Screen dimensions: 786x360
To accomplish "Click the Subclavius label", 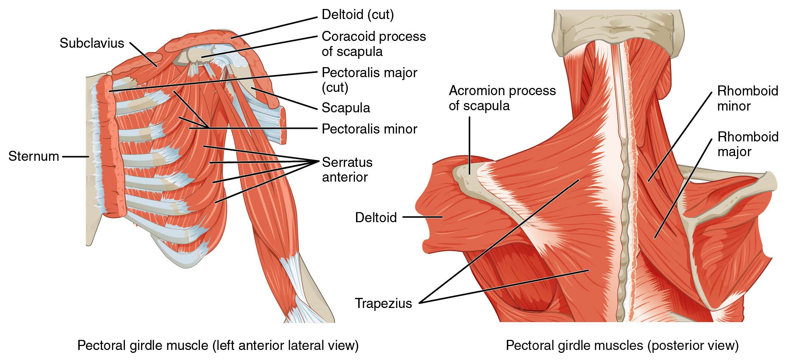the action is click(x=92, y=43).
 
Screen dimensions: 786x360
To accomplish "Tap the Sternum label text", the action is click(x=34, y=156).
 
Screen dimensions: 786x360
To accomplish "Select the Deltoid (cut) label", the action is click(x=358, y=15).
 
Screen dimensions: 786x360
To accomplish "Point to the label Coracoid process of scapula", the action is click(x=374, y=44).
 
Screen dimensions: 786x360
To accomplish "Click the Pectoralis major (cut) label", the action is click(x=369, y=80).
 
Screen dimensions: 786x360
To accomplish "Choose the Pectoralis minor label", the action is click(x=369, y=129).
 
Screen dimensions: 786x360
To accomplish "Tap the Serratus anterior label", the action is click(x=347, y=170).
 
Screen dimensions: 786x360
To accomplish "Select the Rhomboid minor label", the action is click(x=748, y=98).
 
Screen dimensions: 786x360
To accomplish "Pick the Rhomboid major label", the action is click(x=748, y=144).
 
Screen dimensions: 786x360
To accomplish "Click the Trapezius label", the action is click(x=383, y=303).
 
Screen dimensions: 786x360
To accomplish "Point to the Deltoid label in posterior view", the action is click(x=376, y=217).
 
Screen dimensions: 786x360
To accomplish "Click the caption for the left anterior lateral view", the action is click(x=218, y=346).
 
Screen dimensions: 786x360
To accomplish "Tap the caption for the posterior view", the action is click(x=622, y=346).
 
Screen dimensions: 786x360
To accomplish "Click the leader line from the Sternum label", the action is click(x=75, y=156).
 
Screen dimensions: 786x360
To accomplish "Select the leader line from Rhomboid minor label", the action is click(x=680, y=136).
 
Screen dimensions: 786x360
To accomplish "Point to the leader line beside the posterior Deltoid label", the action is click(x=422, y=217).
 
